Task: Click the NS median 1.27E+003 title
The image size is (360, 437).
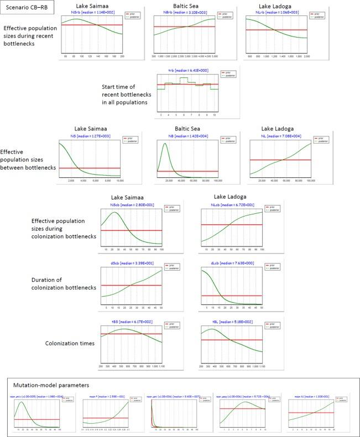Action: point(89,134)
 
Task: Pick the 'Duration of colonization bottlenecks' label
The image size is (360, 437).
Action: point(64,283)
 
